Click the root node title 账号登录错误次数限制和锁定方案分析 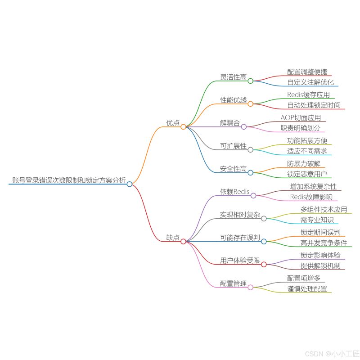(x=68, y=180)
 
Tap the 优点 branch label (x=173, y=123)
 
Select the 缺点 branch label (x=173, y=237)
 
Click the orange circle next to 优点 (x=183, y=127)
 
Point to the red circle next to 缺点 (x=183, y=241)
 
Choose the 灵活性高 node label (x=233, y=77)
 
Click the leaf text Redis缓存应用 (x=308, y=94)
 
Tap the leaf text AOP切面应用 (x=301, y=117)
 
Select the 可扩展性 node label (x=233, y=146)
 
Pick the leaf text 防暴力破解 (x=304, y=163)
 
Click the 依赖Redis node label (x=234, y=192)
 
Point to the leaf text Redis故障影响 (x=310, y=197)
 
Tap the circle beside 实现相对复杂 (x=264, y=218)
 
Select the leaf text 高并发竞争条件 (x=324, y=243)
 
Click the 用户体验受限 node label (x=240, y=260)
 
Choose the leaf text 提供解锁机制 (x=320, y=265)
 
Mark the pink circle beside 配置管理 (x=251, y=287)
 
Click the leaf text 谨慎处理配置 (x=307, y=288)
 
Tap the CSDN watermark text (x=331, y=353)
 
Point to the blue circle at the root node (x=130, y=184)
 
